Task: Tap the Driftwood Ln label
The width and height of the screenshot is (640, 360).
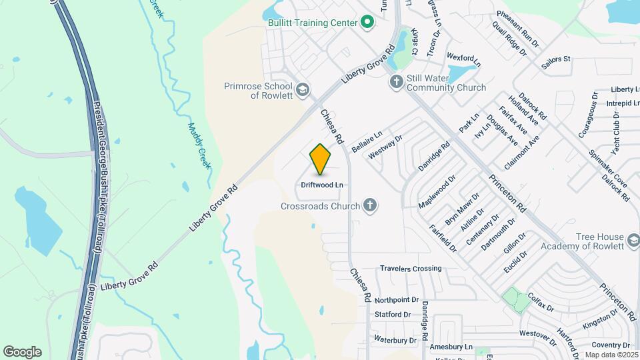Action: pyautogui.click(x=321, y=184)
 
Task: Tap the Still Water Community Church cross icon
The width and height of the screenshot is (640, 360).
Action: pyautogui.click(x=396, y=82)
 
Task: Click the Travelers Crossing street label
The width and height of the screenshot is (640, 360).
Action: pyautogui.click(x=411, y=269)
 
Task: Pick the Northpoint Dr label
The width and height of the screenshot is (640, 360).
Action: pyautogui.click(x=396, y=300)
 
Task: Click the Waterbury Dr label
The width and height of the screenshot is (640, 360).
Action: pyautogui.click(x=395, y=340)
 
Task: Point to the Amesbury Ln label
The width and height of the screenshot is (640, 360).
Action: pyautogui.click(x=451, y=347)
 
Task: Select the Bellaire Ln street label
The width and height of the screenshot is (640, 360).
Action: pyautogui.click(x=367, y=141)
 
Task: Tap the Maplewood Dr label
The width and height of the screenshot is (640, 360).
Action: pyautogui.click(x=437, y=191)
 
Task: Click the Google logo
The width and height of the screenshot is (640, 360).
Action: pyautogui.click(x=22, y=352)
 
